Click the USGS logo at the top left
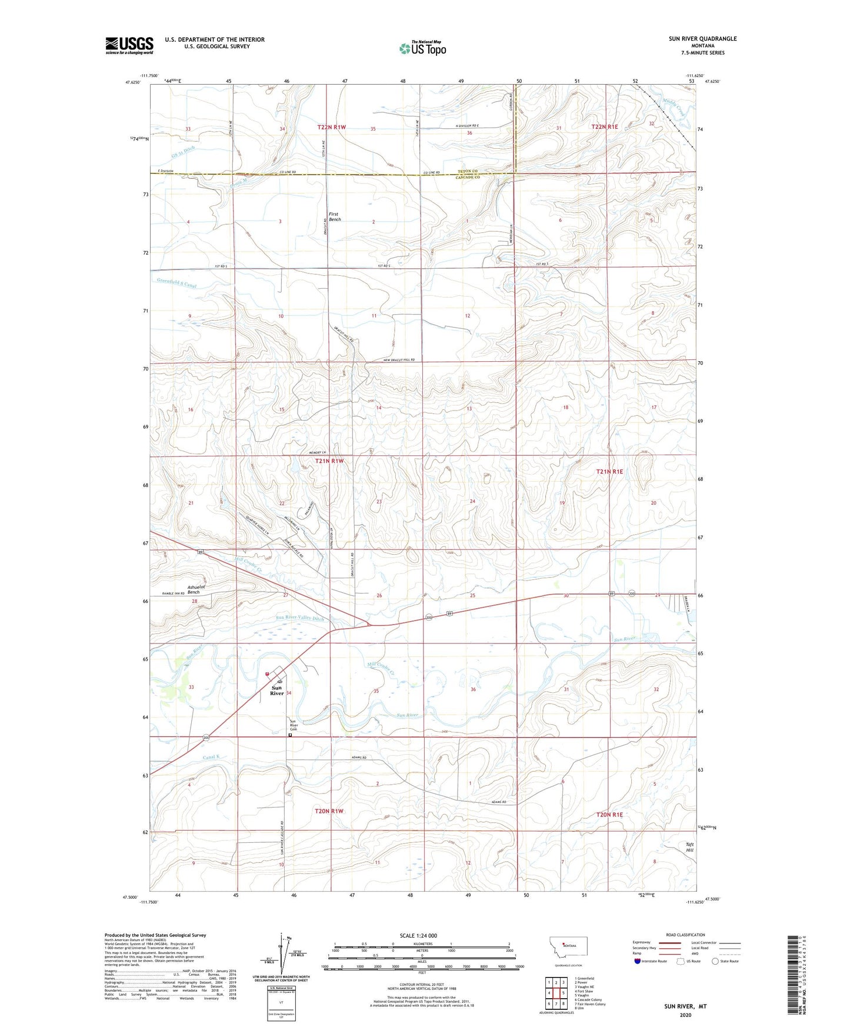pos(129,45)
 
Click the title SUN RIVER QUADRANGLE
pos(702,39)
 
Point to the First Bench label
pos(334,217)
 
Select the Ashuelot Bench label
pos(194,589)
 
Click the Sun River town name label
pos(276,691)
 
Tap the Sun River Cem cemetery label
pos(294,725)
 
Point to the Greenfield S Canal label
pos(176,284)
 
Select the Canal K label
pos(211,757)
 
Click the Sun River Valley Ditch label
pos(299,618)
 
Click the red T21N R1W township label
pos(329,461)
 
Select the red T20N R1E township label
pos(609,815)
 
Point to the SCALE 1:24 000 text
pos(418,936)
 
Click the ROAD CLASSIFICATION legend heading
pos(685,935)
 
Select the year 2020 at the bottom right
pos(685,1015)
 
